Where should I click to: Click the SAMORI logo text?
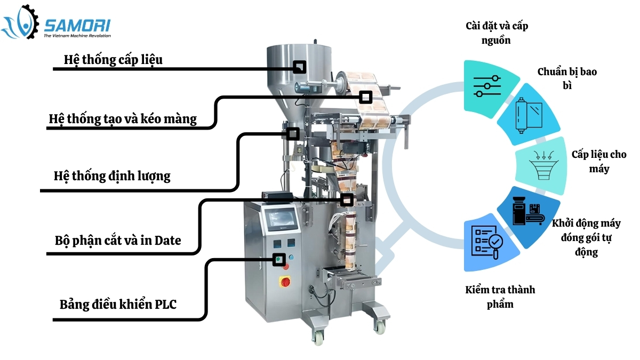tap(77, 25)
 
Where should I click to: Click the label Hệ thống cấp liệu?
tap(113, 59)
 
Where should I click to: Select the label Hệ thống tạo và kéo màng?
tap(123, 118)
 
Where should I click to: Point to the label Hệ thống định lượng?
tap(112, 175)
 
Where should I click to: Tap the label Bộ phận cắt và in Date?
tap(118, 241)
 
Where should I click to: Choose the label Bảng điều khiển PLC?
tap(118, 305)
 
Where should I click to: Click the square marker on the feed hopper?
tap(300, 67)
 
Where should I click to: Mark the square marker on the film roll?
tap(365, 97)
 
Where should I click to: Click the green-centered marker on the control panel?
tap(278, 260)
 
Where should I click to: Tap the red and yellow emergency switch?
tap(286, 281)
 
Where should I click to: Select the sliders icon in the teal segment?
tap(487, 86)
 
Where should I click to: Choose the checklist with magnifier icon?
tap(487, 242)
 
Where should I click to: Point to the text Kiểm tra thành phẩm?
tap(500, 297)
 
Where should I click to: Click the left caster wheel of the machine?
tap(318, 337)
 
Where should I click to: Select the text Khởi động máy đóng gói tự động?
tap(586, 237)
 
